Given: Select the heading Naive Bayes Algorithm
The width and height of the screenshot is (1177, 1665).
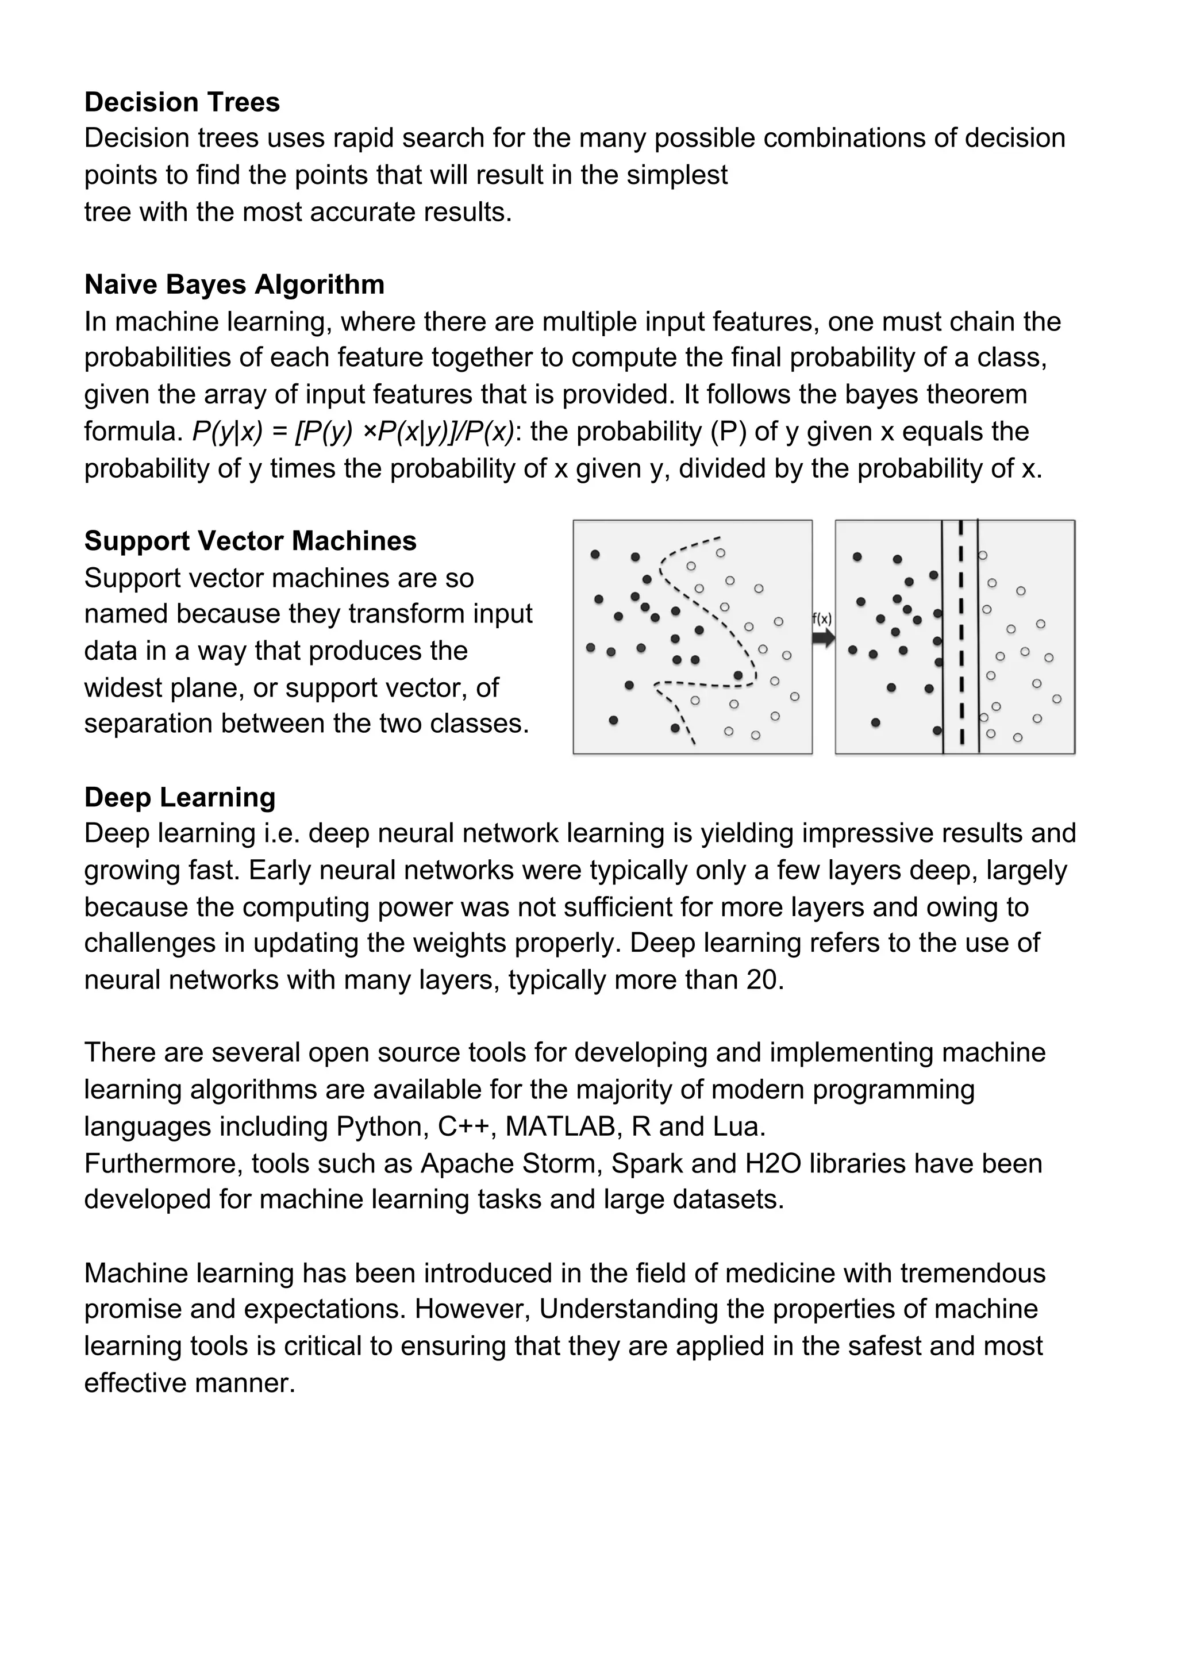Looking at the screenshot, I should [234, 284].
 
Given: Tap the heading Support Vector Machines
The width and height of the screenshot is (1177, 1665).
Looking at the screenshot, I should [250, 541].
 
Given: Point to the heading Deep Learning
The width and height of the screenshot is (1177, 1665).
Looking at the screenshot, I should [180, 797].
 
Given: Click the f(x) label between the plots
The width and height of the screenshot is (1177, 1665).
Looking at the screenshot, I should [822, 620].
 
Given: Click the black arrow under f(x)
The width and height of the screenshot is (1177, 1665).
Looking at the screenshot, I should [822, 638].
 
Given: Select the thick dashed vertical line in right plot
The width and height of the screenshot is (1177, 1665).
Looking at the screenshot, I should [961, 637].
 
